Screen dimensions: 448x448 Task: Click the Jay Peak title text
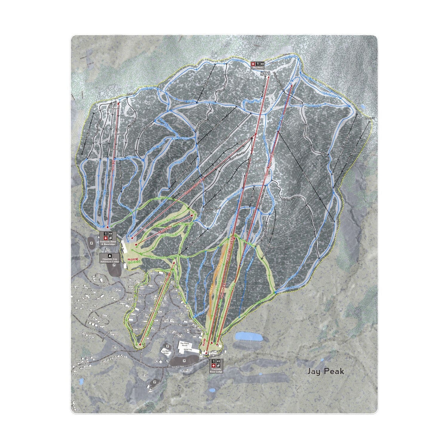coord(325,371)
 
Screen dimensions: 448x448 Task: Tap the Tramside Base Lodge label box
coord(217,366)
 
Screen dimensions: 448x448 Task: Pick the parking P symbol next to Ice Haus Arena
coord(183,361)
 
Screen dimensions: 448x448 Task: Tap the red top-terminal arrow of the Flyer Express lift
coord(291,84)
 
